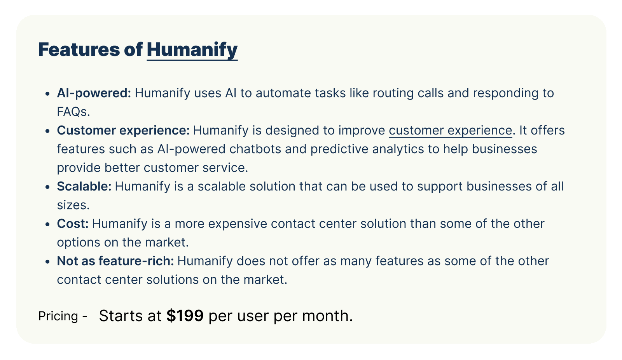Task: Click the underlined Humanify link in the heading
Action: tap(192, 50)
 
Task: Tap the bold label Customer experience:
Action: tap(123, 130)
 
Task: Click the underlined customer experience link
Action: tap(450, 130)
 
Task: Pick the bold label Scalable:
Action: tap(84, 186)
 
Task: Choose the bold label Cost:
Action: tap(73, 224)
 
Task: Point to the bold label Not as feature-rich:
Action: tap(115, 260)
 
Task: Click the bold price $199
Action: tap(185, 316)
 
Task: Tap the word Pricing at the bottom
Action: tap(58, 316)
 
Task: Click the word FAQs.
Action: tap(73, 112)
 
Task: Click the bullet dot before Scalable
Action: tap(47, 187)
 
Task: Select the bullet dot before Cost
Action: tap(47, 224)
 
